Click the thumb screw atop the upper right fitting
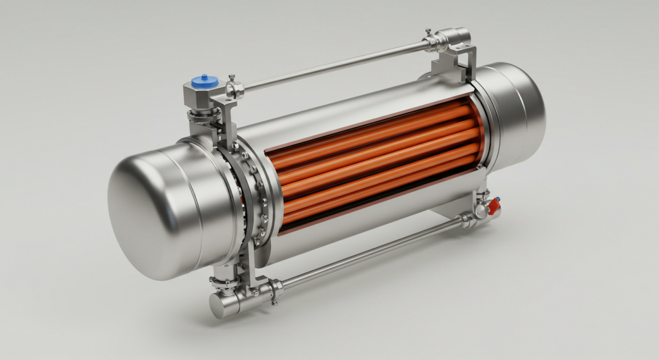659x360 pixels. click(428, 32)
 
